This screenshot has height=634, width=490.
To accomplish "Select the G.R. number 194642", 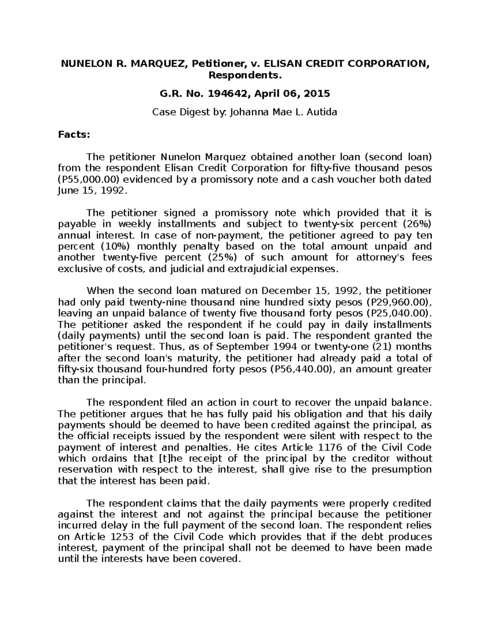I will click(x=228, y=94).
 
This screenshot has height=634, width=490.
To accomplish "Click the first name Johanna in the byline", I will click(x=249, y=112).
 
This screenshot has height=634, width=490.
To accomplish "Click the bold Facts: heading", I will click(x=73, y=135).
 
